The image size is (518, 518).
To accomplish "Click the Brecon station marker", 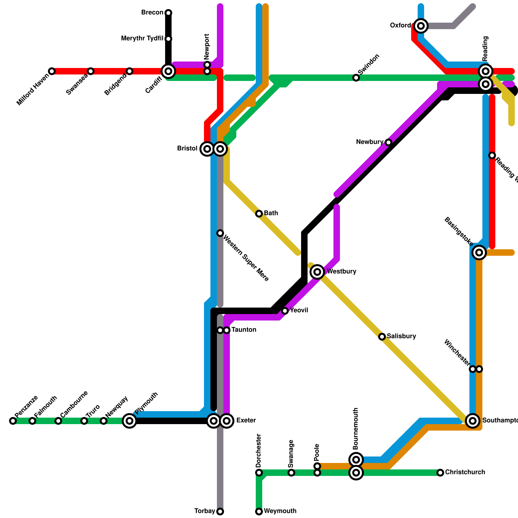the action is tap(168, 13).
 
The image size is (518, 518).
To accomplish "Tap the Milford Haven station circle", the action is tap(52, 71).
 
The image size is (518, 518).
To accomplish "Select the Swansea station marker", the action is tap(91, 71).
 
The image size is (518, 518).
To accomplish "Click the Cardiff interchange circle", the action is tap(168, 71).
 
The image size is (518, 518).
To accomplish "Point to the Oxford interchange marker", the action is tap(421, 26).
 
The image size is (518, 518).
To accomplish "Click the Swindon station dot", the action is tap(356, 78).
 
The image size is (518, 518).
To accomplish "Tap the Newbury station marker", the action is tap(388, 142).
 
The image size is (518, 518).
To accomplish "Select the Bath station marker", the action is tap(259, 214).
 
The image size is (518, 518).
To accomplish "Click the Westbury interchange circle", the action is tap(318, 272).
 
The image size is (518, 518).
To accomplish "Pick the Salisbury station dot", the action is tap(382, 337).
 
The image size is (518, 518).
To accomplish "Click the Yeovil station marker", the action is tap(285, 311).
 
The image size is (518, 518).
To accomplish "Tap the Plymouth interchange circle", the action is tap(129, 421).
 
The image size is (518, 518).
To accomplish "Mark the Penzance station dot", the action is tap(13, 421).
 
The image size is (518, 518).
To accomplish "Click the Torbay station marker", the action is tap(220, 512).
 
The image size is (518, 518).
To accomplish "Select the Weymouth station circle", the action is tap(259, 512).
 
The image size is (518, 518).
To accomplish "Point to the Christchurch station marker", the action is tap(440, 473).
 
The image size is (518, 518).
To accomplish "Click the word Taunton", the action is tap(244, 330).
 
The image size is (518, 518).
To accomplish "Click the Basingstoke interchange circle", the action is tap(479, 253).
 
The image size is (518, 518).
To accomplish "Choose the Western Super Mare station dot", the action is tap(220, 233).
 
